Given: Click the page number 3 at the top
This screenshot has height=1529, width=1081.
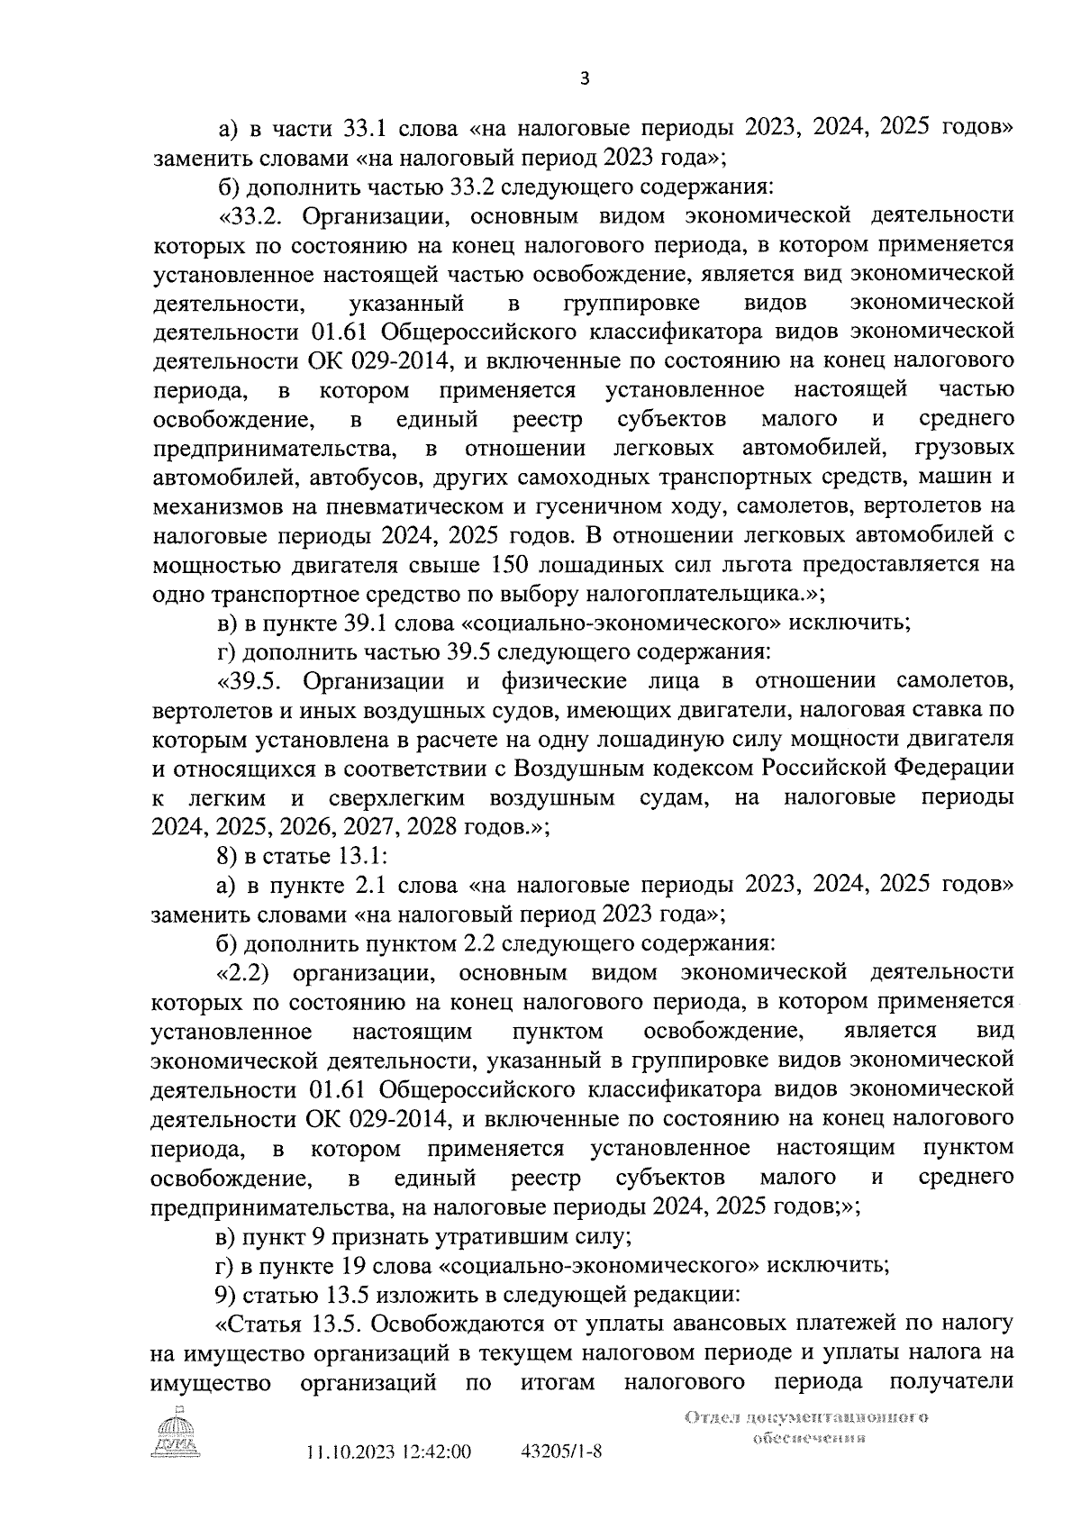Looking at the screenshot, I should coord(584,79).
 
